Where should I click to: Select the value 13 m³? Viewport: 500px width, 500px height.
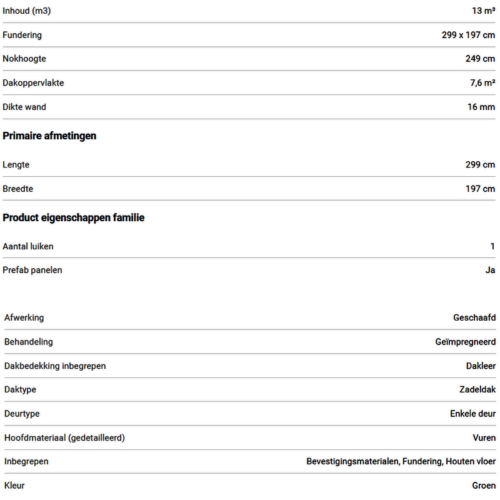pos(483,11)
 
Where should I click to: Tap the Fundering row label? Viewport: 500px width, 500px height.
pos(22,35)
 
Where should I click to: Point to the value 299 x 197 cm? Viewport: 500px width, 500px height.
pos(468,35)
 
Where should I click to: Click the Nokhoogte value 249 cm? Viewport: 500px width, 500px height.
pos(480,59)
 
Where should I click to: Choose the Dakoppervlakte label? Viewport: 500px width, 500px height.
pos(33,82)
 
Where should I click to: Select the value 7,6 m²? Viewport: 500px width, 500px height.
pos(482,82)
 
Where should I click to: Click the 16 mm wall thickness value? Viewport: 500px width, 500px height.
pos(481,107)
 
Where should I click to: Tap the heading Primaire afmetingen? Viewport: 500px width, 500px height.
pos(49,136)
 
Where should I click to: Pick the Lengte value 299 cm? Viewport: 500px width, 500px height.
pos(480,164)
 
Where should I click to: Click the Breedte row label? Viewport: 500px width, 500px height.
pos(18,188)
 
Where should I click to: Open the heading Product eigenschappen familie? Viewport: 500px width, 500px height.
pos(74,217)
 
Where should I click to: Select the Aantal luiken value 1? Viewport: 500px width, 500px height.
pos(492,246)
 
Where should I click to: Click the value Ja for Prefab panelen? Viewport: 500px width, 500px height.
pos(490,270)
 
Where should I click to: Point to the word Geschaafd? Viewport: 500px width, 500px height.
pos(474,317)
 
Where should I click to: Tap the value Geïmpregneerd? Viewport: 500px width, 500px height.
pos(465,342)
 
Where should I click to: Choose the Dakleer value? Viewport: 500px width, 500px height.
pos(481,366)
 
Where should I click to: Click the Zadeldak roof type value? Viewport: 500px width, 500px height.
pos(477,389)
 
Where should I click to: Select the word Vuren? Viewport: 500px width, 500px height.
pos(484,437)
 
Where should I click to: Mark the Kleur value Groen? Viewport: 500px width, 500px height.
pos(484,485)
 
